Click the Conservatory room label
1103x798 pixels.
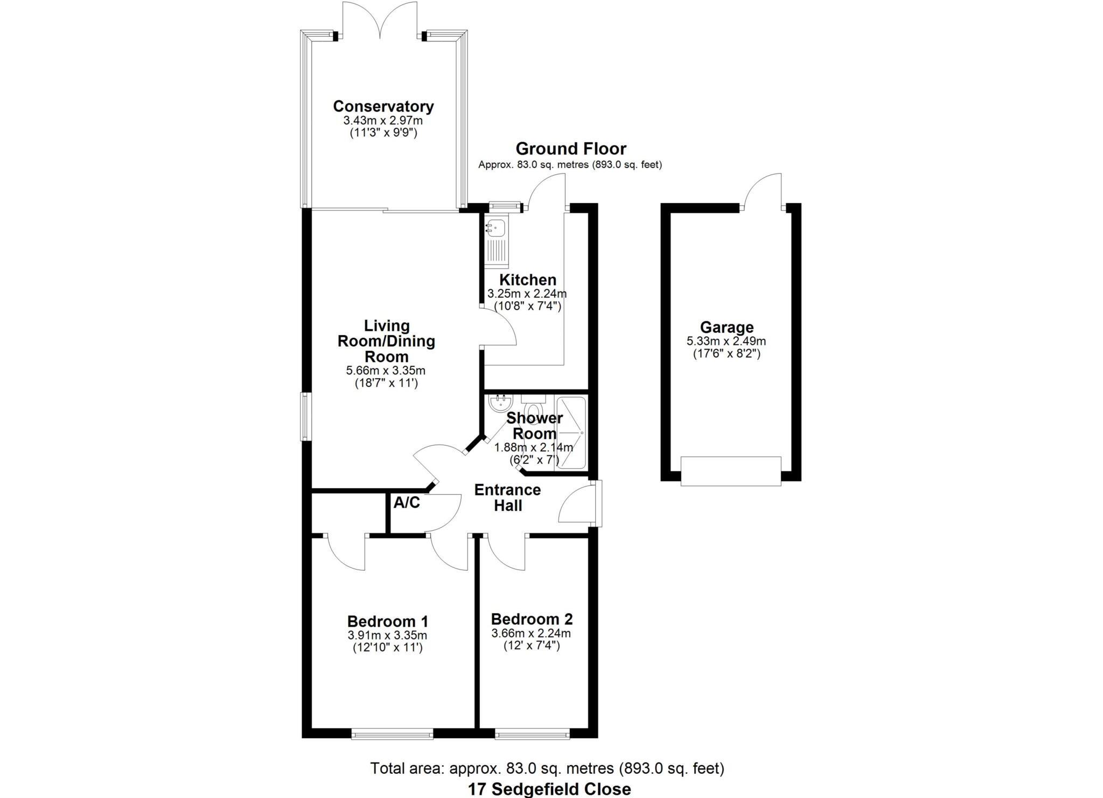pyautogui.click(x=383, y=106)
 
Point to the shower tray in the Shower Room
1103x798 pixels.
pyautogui.click(x=570, y=433)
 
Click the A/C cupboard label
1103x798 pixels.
pyautogui.click(x=407, y=503)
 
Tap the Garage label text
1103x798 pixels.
pyautogui.click(x=727, y=327)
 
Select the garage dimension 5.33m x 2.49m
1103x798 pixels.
pyautogui.click(x=726, y=341)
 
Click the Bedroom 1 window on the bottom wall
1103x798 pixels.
pyautogui.click(x=392, y=733)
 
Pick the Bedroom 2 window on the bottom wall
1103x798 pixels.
pyautogui.click(x=532, y=733)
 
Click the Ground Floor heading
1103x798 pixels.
pyautogui.click(x=571, y=149)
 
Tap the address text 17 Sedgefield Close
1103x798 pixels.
pyautogui.click(x=549, y=789)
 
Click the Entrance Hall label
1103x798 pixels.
pyautogui.click(x=507, y=497)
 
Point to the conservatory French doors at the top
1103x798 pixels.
pyautogui.click(x=380, y=22)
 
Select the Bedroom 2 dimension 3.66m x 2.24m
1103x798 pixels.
pyautogui.click(x=531, y=634)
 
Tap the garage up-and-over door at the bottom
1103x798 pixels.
pyautogui.click(x=730, y=471)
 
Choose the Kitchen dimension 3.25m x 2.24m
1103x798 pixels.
pyautogui.click(x=527, y=294)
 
